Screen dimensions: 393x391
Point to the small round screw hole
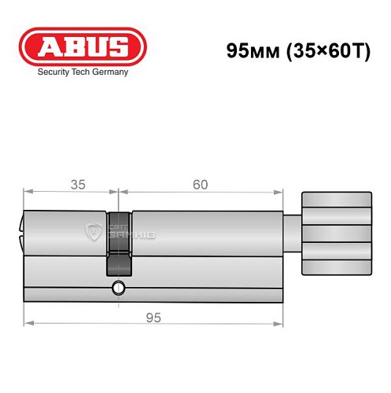pos(118,288)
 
